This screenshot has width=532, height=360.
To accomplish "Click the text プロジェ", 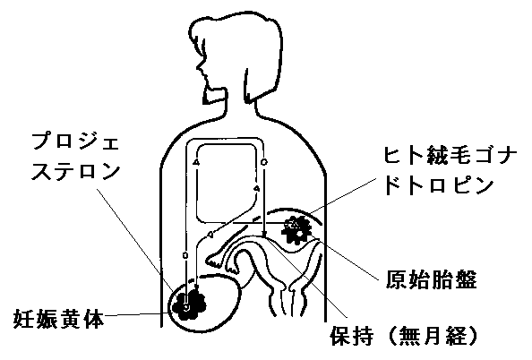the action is [x=75, y=142].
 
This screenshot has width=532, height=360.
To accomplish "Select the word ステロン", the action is [x=76, y=171].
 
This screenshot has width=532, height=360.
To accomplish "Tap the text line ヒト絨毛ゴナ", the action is [x=450, y=156].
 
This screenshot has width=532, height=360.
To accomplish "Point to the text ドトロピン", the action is [x=440, y=185].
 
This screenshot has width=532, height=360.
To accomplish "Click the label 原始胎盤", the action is [x=431, y=280].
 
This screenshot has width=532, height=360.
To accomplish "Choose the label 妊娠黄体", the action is [x=58, y=319].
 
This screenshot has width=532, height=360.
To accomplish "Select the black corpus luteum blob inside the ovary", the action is [x=189, y=302].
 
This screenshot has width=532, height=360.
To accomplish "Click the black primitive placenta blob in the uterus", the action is [x=296, y=229].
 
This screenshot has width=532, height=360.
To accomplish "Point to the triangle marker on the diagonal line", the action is [x=210, y=234].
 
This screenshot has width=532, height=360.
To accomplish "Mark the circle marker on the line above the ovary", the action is [x=185, y=255].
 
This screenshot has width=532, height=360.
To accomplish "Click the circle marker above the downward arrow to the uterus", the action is [x=264, y=162].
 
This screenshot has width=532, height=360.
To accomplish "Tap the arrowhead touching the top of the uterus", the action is [x=264, y=235].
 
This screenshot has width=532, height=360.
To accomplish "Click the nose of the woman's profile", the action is [x=198, y=67].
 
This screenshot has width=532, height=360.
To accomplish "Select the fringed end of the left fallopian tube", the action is [x=214, y=260].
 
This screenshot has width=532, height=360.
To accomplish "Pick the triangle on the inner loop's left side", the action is [x=196, y=162].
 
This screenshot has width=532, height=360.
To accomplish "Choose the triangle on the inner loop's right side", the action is [x=257, y=188].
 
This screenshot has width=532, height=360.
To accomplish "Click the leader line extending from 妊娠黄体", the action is [x=135, y=315].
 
